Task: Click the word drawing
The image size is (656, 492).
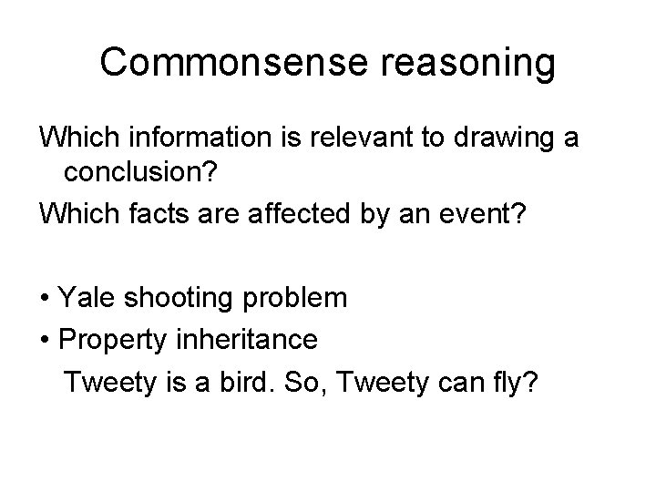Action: coord(502,138)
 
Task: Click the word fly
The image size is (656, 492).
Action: coord(518,384)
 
